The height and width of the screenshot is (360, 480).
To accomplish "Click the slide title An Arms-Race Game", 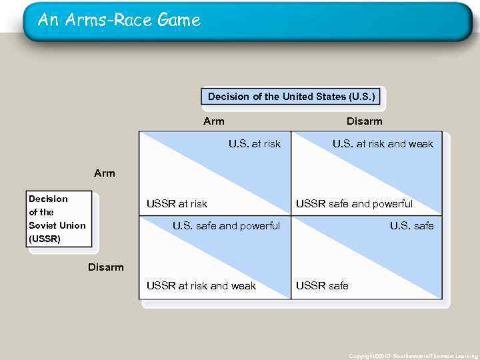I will coord(119,20).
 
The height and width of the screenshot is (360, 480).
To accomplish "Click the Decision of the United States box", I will coord(292,97).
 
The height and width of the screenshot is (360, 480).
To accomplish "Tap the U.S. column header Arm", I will coord(214,121).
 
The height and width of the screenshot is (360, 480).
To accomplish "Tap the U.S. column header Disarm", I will coord(364,121).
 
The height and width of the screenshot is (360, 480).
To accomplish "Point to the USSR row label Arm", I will coord(105,173).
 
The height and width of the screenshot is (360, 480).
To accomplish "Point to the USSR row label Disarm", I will coord(106,267).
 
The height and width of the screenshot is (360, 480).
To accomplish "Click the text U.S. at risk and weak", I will coord(383,144).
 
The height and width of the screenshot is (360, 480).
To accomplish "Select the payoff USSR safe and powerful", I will coord(354,204).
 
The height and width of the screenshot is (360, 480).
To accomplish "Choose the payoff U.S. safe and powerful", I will coord(226,226).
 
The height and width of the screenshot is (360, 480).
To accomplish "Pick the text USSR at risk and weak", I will coord(201,286).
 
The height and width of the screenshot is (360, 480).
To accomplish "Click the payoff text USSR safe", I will coord(322,286).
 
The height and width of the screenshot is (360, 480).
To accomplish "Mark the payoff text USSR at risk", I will coord(177,204).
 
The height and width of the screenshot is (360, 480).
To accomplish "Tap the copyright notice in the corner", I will coord(413,356).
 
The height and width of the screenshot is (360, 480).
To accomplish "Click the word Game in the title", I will coord(179,20).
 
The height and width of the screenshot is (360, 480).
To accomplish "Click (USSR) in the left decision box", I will coord(45,238).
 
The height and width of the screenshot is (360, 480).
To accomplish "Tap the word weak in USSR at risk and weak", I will coord(243,286).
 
